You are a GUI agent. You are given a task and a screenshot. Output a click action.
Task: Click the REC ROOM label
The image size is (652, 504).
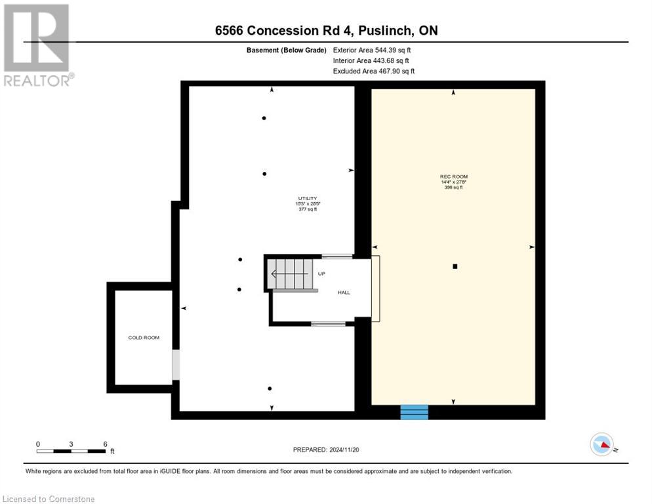[x=453, y=177]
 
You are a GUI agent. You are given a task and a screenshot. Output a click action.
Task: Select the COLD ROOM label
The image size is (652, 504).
[x=144, y=337]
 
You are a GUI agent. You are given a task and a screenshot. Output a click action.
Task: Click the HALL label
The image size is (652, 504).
[x=344, y=292]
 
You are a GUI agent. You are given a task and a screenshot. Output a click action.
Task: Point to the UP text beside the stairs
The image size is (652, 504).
[x=321, y=273]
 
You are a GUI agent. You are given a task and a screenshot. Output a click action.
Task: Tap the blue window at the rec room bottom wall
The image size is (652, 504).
[x=414, y=412]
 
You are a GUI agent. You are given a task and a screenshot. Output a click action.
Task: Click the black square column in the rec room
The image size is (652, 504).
[x=455, y=266]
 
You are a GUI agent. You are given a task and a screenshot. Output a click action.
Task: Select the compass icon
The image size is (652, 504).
[x=602, y=445]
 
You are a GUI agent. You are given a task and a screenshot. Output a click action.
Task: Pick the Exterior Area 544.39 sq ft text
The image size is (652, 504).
[x=372, y=50]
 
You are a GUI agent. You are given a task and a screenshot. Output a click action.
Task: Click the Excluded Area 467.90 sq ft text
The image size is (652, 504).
[x=373, y=71]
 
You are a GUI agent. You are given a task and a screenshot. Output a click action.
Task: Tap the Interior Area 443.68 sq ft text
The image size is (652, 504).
[x=371, y=60]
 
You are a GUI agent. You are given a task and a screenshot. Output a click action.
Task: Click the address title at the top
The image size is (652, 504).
[x=325, y=31]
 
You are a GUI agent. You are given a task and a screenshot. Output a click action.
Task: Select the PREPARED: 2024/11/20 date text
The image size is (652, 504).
[x=327, y=450]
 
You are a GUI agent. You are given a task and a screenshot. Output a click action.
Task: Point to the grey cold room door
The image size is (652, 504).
[x=175, y=365]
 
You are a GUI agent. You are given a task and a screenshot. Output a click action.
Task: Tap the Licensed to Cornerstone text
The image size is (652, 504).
[x=49, y=499]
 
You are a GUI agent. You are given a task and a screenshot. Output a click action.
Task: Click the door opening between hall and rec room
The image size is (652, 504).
[x=376, y=288]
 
